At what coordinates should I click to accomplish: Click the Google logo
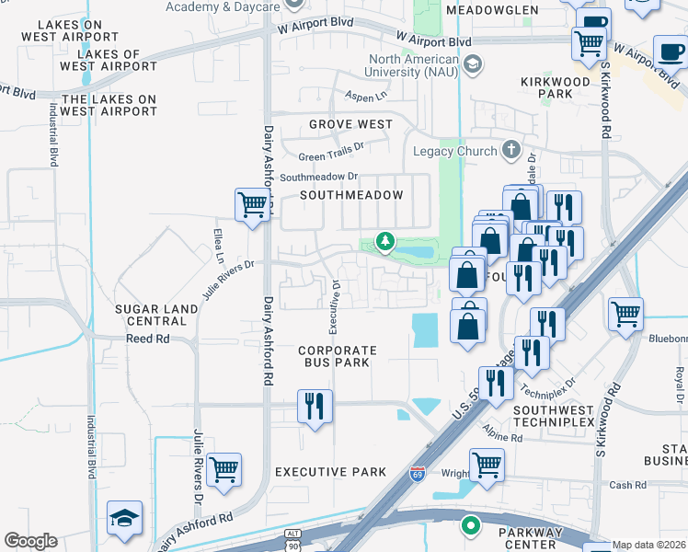click(x=30, y=541)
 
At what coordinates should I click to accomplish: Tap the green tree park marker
click(x=385, y=242)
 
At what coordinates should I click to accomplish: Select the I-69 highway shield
click(x=417, y=474)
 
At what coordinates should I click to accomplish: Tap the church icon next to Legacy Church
click(x=512, y=150)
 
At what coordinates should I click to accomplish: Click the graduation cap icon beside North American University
click(x=473, y=63)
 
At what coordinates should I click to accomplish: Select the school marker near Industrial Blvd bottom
click(x=124, y=518)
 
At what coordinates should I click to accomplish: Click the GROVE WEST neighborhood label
click(x=350, y=124)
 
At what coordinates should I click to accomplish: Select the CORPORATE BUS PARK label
click(x=338, y=356)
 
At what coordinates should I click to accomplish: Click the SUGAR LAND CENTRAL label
click(x=156, y=315)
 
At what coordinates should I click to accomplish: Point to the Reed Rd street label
click(x=148, y=339)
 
